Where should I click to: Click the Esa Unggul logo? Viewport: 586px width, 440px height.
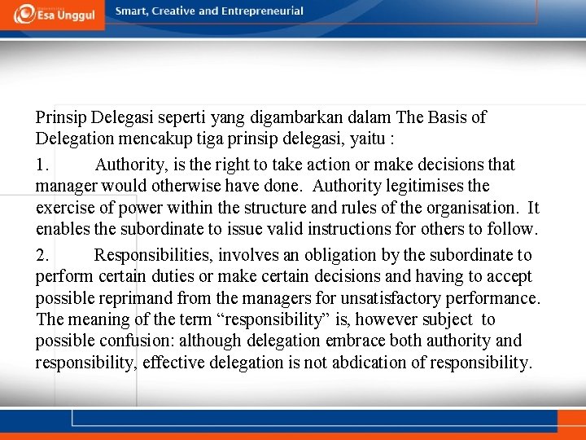coord(52,14)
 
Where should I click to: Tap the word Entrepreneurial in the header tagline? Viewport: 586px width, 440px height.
coord(259,11)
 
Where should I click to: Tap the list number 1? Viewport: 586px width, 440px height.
coord(42,165)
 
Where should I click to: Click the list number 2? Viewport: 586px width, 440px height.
coord(42,256)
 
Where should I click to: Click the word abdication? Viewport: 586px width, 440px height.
coord(366,362)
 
